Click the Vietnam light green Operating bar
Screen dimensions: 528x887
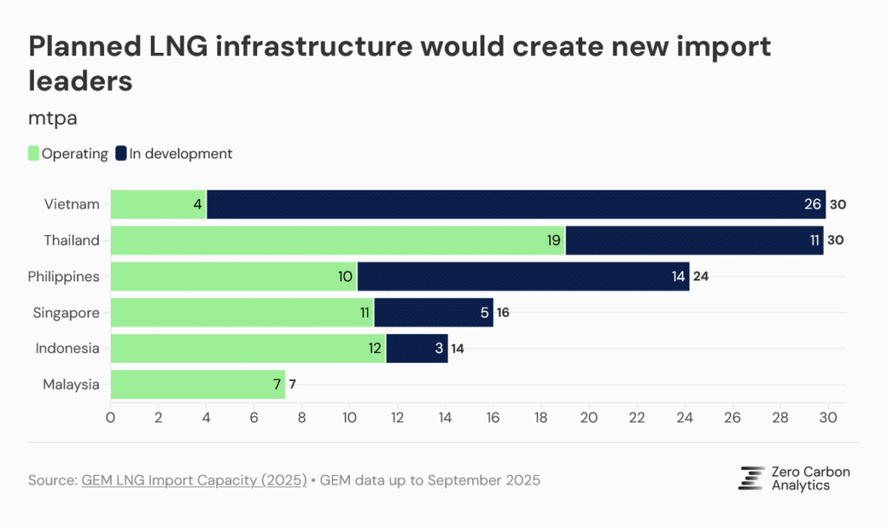(159, 204)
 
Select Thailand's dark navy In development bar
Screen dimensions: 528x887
(693, 241)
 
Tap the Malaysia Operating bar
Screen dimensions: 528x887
(197, 384)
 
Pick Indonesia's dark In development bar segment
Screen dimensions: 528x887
(417, 349)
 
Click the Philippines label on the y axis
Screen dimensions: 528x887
(63, 277)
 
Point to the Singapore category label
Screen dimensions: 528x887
(68, 312)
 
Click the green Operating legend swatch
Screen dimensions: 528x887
(34, 154)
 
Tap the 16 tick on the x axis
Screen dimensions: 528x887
(493, 416)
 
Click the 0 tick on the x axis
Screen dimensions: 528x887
(111, 416)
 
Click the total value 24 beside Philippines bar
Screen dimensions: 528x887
(701, 277)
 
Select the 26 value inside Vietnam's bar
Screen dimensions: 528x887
(813, 205)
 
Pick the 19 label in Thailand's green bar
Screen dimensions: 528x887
(552, 241)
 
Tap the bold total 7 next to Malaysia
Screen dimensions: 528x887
(293, 384)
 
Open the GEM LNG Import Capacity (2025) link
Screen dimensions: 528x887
(194, 480)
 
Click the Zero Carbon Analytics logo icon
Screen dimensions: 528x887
(750, 478)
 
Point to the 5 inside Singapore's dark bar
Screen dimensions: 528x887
(484, 312)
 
